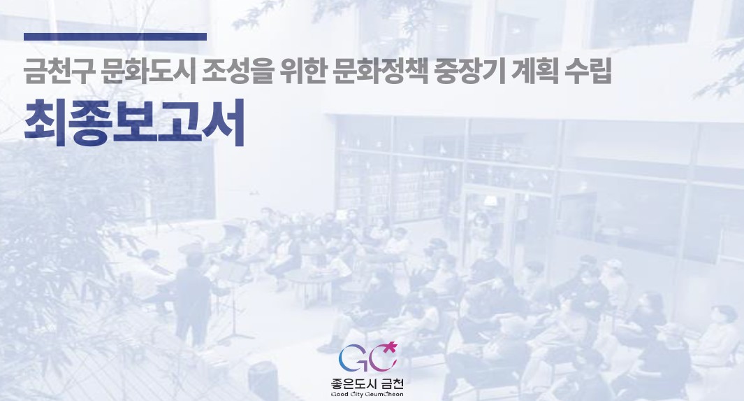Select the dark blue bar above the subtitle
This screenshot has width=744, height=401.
click(115, 36)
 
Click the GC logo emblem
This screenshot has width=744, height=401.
click(367, 358)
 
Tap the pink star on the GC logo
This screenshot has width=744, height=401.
click(392, 345)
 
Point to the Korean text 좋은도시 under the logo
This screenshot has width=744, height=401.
click(353, 384)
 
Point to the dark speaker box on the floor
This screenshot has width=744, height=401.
click(263, 379)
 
